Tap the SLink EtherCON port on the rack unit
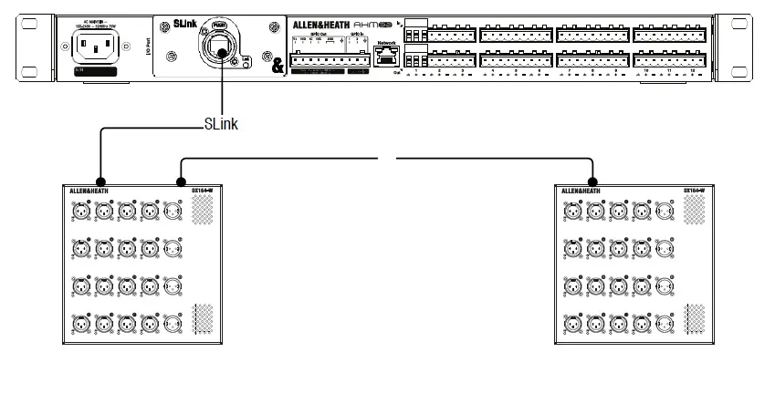click(220, 47)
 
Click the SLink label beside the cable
click(220, 125)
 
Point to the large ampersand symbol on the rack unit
click(277, 66)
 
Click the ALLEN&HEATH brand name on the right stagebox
click(581, 190)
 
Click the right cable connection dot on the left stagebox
click(180, 181)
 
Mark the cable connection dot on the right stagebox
click(593, 181)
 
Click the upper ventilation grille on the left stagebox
click(200, 212)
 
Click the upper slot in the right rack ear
click(748, 26)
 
